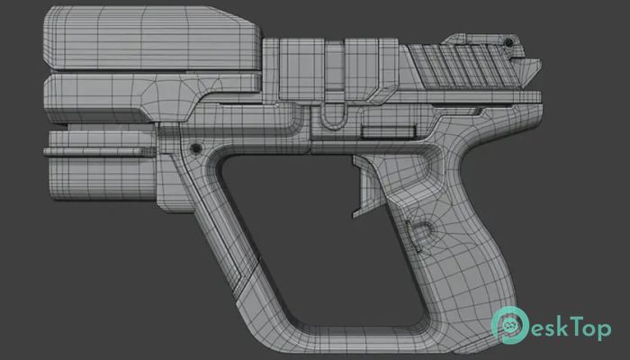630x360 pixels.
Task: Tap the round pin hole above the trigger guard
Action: [196, 148]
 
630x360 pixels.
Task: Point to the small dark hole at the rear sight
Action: [508, 41]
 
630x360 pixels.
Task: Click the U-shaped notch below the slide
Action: [333, 116]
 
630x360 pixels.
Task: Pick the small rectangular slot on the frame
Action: [388, 132]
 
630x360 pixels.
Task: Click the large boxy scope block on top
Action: [152, 38]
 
